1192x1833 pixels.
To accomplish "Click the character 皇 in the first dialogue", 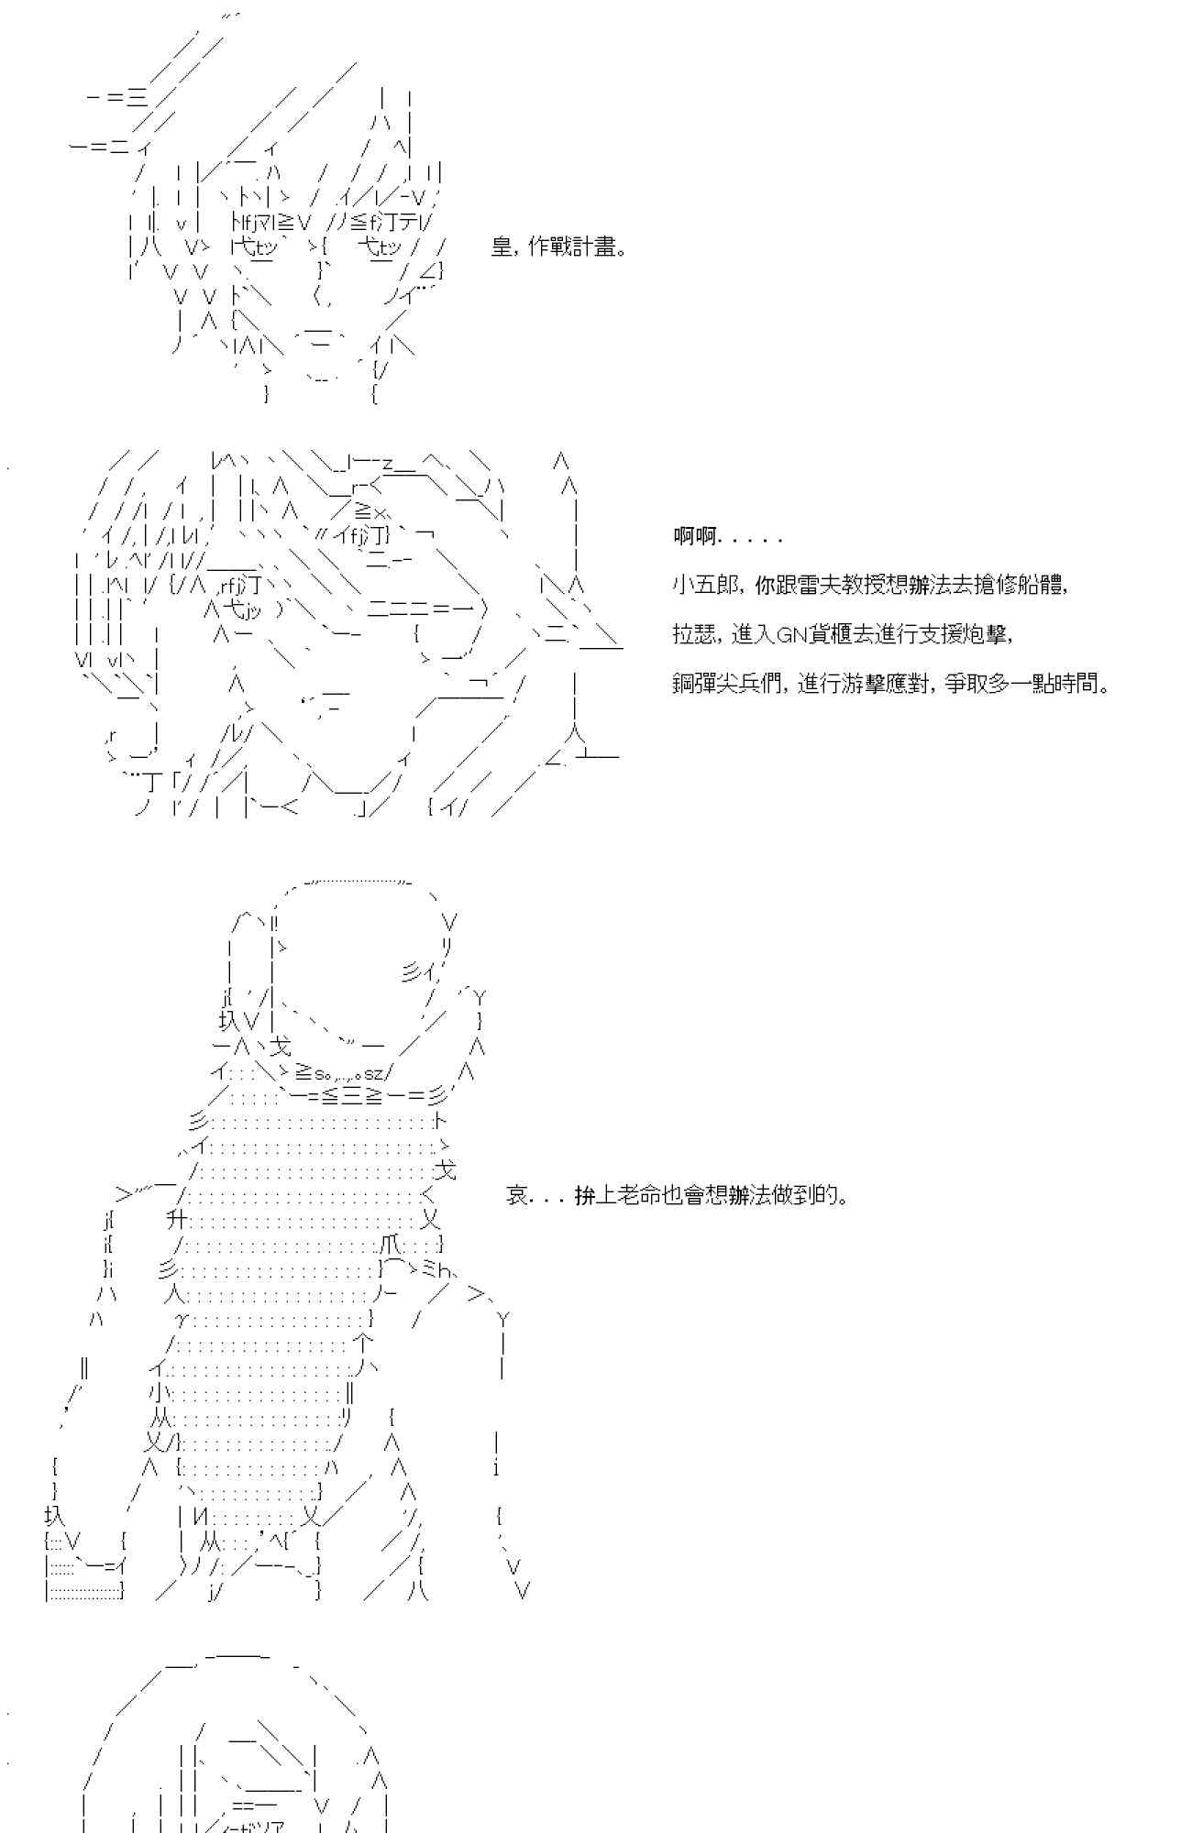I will [502, 247].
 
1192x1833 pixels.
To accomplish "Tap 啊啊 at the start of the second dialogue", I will [694, 537].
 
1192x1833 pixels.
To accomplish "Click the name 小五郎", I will [703, 585].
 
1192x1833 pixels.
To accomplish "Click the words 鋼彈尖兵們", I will [724, 684].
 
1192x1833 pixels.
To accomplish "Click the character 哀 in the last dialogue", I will [516, 1195].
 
